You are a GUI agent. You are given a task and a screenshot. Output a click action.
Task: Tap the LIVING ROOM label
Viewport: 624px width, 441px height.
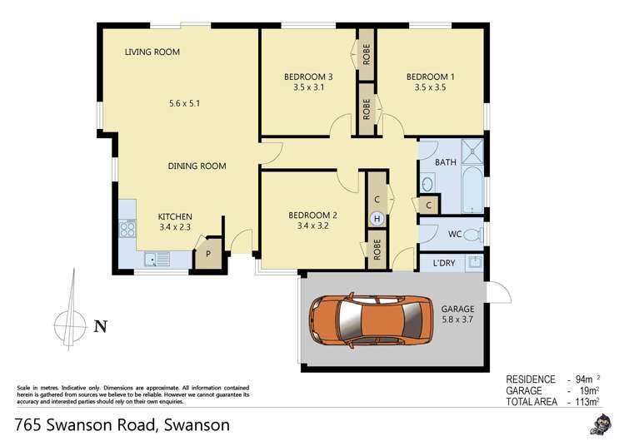tap(152, 52)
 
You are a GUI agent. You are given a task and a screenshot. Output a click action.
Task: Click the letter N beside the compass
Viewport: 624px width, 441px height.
tap(100, 326)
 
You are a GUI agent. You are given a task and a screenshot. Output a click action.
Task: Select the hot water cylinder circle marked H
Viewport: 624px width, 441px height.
tap(377, 219)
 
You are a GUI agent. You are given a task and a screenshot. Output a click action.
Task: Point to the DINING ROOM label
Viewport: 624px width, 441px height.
tap(197, 166)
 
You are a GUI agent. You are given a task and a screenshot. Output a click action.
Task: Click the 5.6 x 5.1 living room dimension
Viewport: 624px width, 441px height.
tap(185, 104)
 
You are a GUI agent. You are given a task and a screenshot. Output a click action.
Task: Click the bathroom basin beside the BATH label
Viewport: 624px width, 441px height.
tap(427, 183)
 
